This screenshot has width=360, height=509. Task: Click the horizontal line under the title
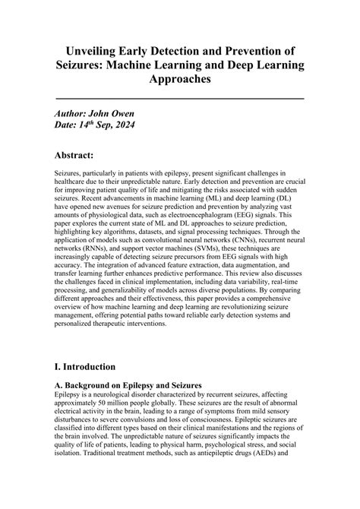point(180,99)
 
